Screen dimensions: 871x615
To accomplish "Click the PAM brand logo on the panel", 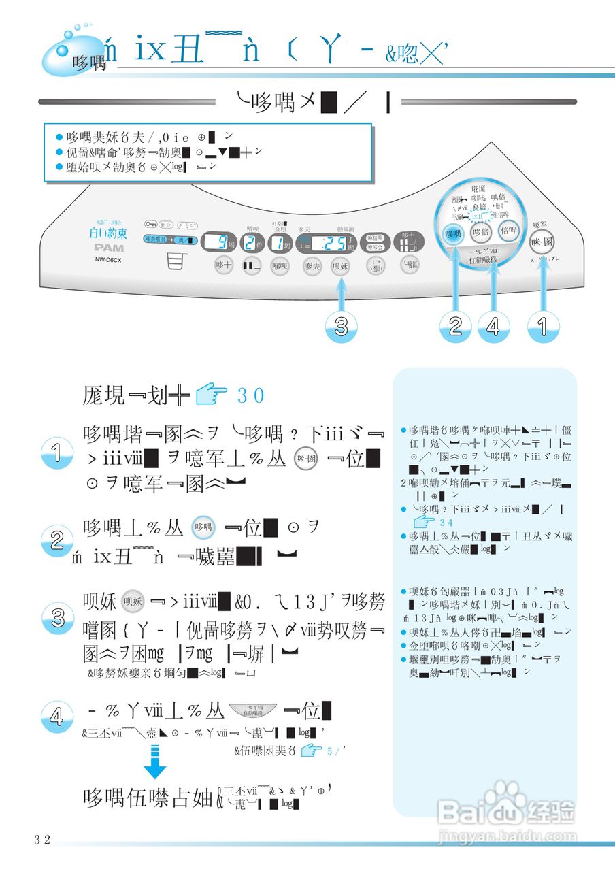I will (x=104, y=247).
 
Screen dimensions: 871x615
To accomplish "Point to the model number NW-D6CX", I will (x=104, y=259).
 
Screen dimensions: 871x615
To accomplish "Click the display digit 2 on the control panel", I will (x=251, y=242).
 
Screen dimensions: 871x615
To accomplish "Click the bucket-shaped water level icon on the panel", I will (x=176, y=263).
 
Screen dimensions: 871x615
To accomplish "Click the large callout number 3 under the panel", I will (x=342, y=327).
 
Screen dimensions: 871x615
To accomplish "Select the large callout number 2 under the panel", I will (x=456, y=327).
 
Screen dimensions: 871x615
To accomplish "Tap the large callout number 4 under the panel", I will (x=493, y=327).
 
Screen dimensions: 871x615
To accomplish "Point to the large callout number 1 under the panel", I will (x=543, y=327).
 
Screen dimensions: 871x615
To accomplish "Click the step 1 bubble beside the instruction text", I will (x=56, y=453).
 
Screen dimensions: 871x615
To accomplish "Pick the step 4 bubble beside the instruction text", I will (x=56, y=716).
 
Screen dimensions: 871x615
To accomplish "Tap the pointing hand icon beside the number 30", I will (x=210, y=394).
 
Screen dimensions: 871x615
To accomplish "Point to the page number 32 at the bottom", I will (x=42, y=840).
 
